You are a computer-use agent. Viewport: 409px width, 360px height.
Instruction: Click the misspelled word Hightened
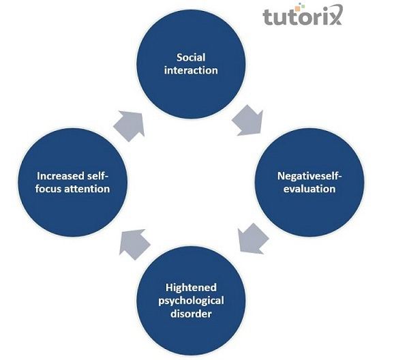point(188,288)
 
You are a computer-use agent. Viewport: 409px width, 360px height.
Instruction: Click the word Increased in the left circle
point(55,176)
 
